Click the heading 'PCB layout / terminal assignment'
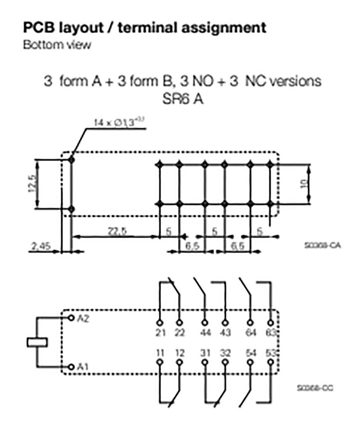[x=145, y=28]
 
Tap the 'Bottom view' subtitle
[x=57, y=45]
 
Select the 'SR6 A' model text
[x=183, y=99]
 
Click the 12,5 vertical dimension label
[x=30, y=184]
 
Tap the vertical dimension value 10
[x=304, y=184]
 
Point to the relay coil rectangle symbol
[x=37, y=342]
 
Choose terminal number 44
[x=205, y=332]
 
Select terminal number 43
[x=225, y=332]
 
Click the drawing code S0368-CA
[x=316, y=246]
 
